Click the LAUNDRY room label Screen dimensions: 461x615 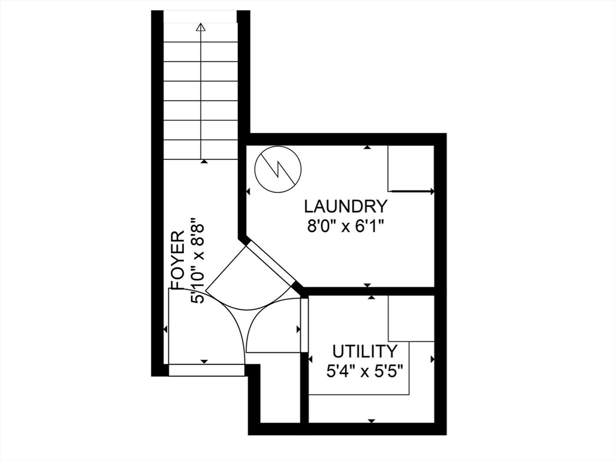pyautogui.click(x=345, y=206)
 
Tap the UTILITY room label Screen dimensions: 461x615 pyautogui.click(x=365, y=351)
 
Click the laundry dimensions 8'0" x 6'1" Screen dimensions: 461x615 pyautogui.click(x=345, y=227)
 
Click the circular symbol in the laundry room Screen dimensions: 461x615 pyautogui.click(x=277, y=168)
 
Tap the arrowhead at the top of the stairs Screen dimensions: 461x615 pyautogui.click(x=201, y=27)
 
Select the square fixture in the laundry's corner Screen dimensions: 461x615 pyautogui.click(x=410, y=168)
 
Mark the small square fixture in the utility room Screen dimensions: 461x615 pyautogui.click(x=411, y=319)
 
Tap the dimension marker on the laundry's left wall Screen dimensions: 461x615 pyautogui.click(x=248, y=192)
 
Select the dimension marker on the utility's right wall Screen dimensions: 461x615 pyautogui.click(x=432, y=359)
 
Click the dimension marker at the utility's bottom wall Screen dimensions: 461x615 pyautogui.click(x=371, y=421)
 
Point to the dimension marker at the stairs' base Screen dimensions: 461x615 pyautogui.click(x=204, y=161)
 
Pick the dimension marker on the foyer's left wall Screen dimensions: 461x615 pyautogui.click(x=165, y=329)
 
